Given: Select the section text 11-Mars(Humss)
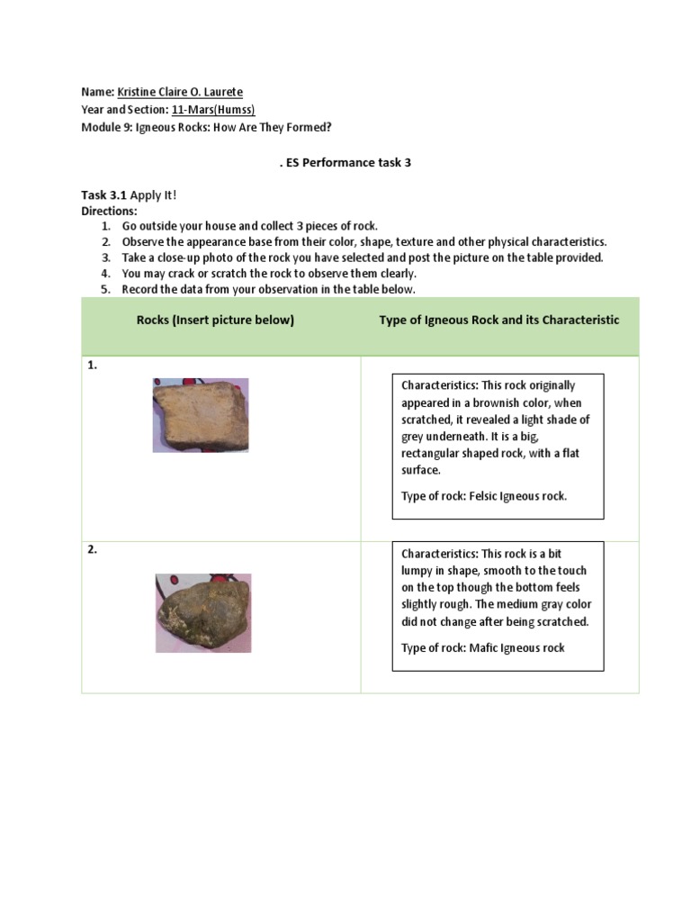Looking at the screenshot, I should pos(213,110).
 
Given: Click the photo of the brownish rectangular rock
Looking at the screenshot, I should pos(201,414).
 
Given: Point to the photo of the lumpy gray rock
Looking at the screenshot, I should pos(202,612).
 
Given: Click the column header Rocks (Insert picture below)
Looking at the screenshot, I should pos(215,320).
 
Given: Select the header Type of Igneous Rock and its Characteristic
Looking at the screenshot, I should pos(498,320).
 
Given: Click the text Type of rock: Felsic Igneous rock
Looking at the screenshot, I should pos(484,496).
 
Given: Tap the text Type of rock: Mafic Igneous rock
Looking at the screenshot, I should pos(482,647).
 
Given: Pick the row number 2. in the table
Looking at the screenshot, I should pos(93,550).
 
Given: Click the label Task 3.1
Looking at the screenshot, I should pos(104,194).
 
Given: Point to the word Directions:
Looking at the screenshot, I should pos(108,211).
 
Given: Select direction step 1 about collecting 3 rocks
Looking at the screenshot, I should pos(250,226).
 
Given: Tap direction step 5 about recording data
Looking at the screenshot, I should pos(268,289).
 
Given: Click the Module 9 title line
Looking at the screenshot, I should pos(206,127).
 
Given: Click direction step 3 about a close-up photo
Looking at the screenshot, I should pos(362,258).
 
